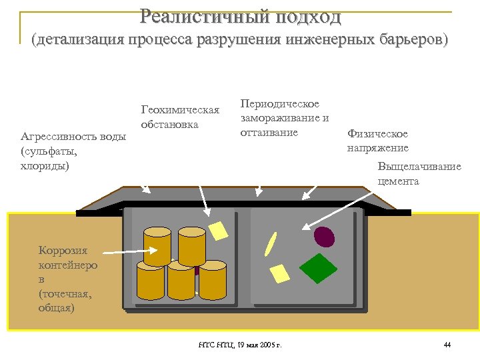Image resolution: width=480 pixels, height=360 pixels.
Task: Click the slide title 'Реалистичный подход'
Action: coord(241,16)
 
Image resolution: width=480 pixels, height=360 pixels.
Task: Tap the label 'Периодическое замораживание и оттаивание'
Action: coord(285,118)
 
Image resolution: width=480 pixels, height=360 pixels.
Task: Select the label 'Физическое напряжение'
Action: coord(378,141)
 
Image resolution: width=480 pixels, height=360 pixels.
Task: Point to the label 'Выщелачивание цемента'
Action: coord(419,173)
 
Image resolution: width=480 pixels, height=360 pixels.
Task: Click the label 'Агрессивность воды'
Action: coord(73,137)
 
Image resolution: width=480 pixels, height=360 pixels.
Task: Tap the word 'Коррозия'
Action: coord(63,251)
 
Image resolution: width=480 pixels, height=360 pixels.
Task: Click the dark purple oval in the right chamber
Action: coord(324,235)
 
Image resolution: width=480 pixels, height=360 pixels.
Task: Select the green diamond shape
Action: coord(319,268)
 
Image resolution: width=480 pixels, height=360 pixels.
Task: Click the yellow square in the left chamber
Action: coord(218,230)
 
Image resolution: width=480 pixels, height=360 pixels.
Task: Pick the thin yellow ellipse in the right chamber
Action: coord(271,244)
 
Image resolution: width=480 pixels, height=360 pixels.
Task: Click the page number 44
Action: coord(447,345)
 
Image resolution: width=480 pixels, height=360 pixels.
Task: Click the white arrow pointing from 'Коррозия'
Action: coord(130,251)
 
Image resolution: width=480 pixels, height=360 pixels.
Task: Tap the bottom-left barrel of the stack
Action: coord(150,281)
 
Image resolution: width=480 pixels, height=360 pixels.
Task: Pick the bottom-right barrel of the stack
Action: coord(213,281)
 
